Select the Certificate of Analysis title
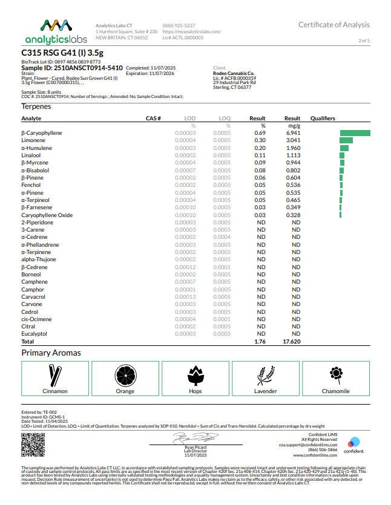tap(333, 25)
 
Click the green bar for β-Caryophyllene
tap(355, 132)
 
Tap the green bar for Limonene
tap(346, 140)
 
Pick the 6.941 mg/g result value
tap(292, 132)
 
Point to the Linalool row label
tap(31, 155)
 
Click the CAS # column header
tap(153, 119)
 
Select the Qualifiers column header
tap(323, 119)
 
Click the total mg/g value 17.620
tap(292, 342)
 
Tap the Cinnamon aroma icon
tap(55, 375)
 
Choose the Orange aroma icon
tap(125, 375)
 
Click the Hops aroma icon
tap(195, 375)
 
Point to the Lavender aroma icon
tap(266, 375)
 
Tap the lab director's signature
tap(192, 437)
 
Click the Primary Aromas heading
tap(51, 353)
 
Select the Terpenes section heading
tap(36, 106)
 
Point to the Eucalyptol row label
tap(34, 334)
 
